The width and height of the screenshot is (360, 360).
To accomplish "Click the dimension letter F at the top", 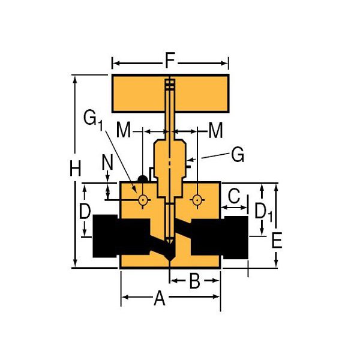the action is coord(170,61).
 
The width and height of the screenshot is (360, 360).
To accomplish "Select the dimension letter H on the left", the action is coord(76,168).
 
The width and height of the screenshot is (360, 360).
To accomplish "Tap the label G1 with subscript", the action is coord(93,121).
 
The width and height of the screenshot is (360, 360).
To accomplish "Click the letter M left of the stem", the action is coord(124,130).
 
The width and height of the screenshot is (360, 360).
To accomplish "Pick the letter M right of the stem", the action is coord(215,130).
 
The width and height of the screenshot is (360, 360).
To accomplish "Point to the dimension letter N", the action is coord(107,163).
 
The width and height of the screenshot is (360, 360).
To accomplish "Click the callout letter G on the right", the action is coord(238,154).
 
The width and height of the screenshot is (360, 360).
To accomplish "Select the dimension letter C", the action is coord(234,196).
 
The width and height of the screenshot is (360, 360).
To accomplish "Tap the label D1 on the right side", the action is coord(263,212).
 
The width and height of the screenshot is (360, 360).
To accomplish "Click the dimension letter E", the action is coord(277,240).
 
